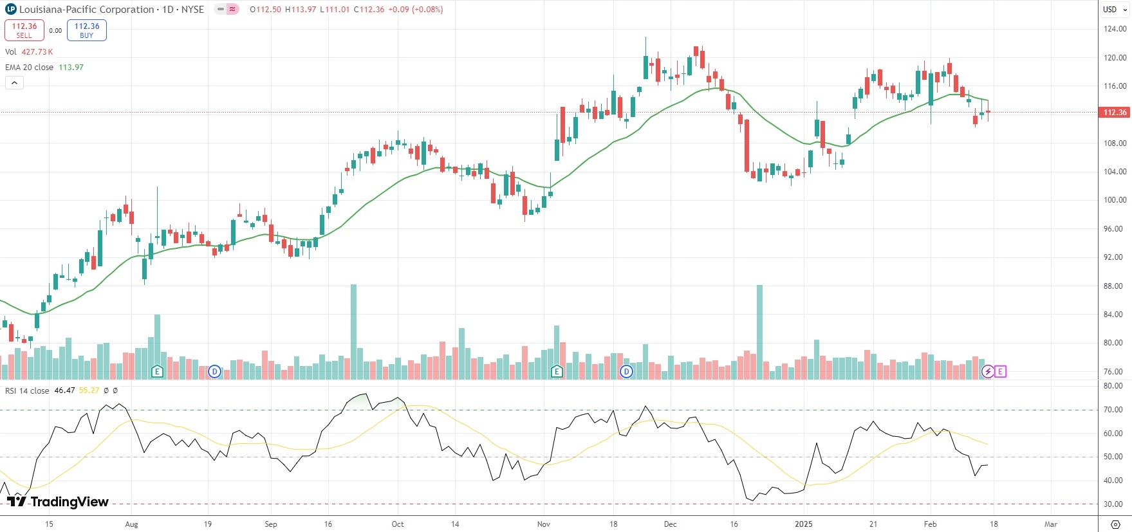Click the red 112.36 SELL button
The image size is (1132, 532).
[x=24, y=30]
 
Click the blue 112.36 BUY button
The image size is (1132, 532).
[x=87, y=30]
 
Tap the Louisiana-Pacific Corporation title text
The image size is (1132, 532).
[x=86, y=10]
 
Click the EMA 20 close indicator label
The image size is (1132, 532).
[x=30, y=67]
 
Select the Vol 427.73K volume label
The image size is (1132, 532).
[x=29, y=51]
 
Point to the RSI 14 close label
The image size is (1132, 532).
[x=27, y=390]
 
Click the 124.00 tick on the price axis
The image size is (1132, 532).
[x=1115, y=29]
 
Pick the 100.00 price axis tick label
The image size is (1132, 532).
[x=1115, y=200]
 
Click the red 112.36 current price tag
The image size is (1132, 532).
[x=1115, y=113]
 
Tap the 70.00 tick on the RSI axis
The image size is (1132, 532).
[x=1113, y=410]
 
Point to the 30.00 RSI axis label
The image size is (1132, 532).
[x=1113, y=504]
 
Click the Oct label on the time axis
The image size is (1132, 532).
[x=398, y=524]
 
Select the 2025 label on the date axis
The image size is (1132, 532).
[x=803, y=524]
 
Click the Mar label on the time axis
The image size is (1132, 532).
[x=1050, y=524]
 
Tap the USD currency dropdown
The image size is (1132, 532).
[x=1114, y=10]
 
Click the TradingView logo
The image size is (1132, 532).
[x=58, y=502]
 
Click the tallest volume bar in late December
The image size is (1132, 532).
[x=759, y=331]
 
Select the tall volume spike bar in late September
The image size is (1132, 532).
[x=353, y=331]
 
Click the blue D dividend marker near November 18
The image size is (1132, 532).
[x=626, y=372]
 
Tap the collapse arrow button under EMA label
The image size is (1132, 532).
[x=14, y=82]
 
